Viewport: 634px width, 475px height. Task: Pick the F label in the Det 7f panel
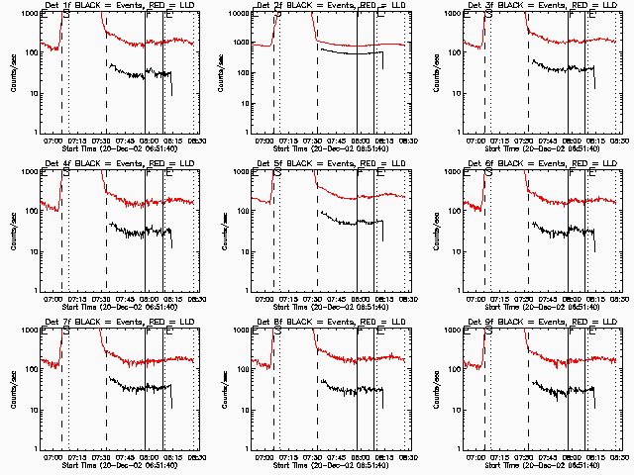(148, 332)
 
